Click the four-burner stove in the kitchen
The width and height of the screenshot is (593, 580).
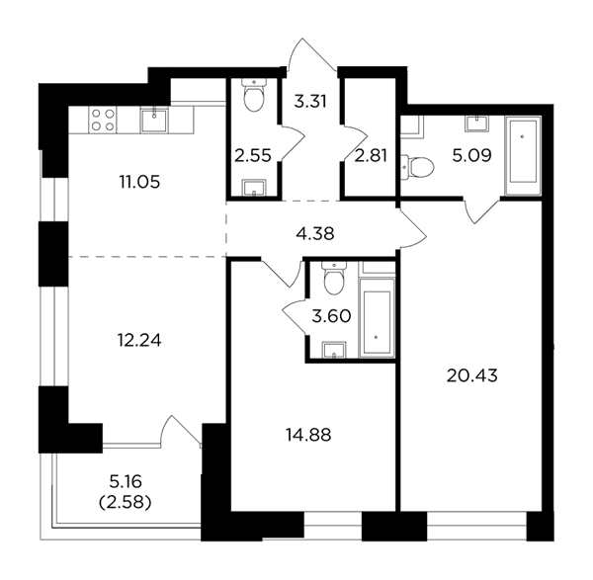103,120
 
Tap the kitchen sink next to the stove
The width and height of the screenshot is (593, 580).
154,120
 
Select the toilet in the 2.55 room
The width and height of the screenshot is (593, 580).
254,95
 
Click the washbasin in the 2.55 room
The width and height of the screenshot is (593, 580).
254,188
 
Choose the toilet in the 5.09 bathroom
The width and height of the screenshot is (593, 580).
417,167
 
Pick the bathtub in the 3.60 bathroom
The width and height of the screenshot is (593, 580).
377,317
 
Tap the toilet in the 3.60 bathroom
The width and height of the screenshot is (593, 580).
334,279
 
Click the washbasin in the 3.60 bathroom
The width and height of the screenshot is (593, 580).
334,350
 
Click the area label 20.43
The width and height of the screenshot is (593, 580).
472,375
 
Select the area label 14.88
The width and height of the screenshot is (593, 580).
308,435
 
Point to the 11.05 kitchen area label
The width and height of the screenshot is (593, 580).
139,182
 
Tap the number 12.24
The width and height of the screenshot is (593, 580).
139,341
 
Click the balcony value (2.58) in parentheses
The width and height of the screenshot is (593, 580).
126,503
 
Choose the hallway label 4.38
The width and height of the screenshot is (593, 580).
315,234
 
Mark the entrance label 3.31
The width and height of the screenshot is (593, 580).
310,102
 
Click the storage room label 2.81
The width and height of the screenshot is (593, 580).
371,155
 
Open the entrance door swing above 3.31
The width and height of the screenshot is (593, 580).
311,54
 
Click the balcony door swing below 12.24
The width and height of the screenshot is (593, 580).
181,432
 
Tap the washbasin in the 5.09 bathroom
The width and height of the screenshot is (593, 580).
476,123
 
